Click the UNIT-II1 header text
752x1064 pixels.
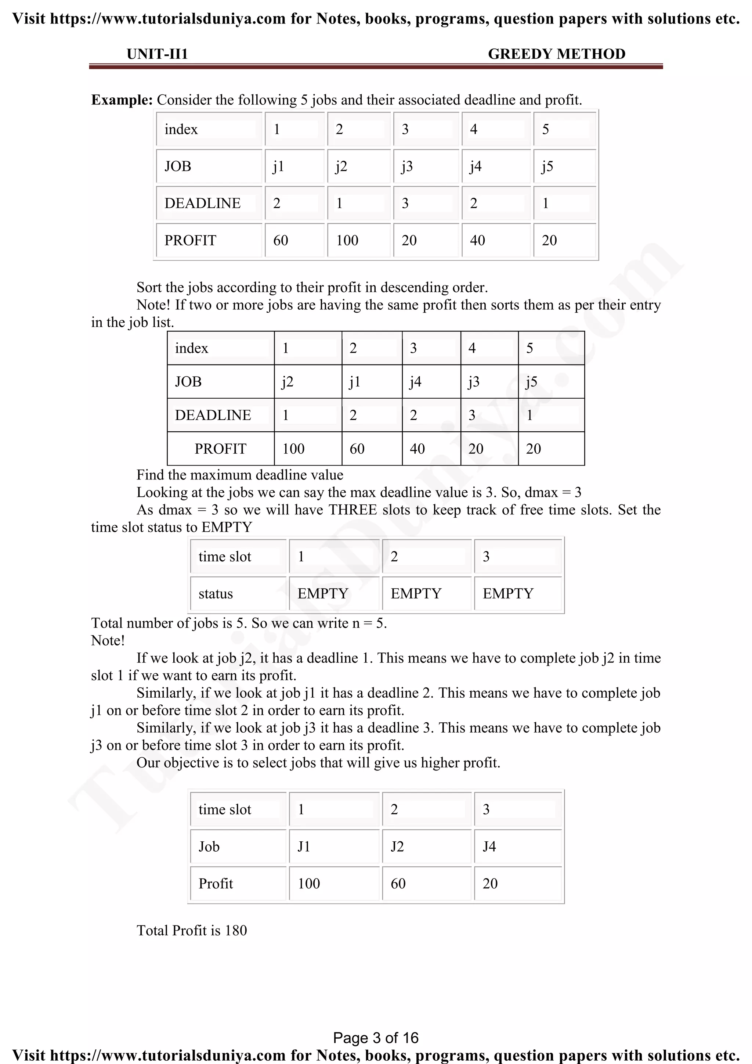tap(157, 54)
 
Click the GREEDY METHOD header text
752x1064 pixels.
tap(556, 54)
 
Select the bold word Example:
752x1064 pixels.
tap(122, 100)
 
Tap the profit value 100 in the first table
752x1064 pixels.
tap(347, 241)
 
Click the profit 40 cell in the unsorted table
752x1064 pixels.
tap(477, 241)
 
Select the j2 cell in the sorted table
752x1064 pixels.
tap(288, 382)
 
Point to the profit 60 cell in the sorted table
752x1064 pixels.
tap(357, 449)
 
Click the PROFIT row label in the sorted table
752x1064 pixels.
tap(220, 449)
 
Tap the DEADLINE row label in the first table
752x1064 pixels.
tap(202, 204)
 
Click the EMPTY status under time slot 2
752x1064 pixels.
tap(416, 594)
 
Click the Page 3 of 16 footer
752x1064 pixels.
tap(376, 1038)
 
